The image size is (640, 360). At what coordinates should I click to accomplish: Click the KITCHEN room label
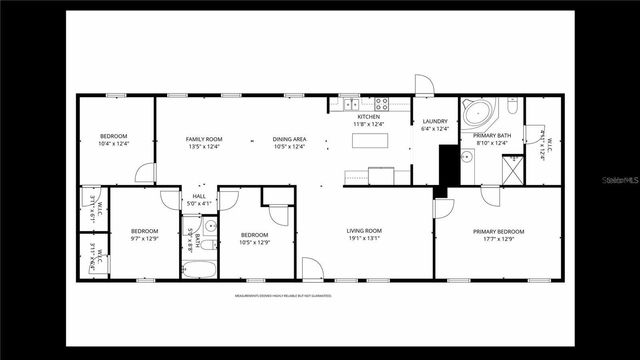tap(369, 117)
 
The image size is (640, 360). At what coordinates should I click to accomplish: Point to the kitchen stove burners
tap(380, 104)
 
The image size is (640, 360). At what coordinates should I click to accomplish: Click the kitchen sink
tap(351, 104)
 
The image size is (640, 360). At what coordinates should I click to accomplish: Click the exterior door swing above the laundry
tap(423, 85)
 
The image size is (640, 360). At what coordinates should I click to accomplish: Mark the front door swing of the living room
tap(312, 268)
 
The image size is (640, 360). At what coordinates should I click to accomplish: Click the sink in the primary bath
tap(467, 157)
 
